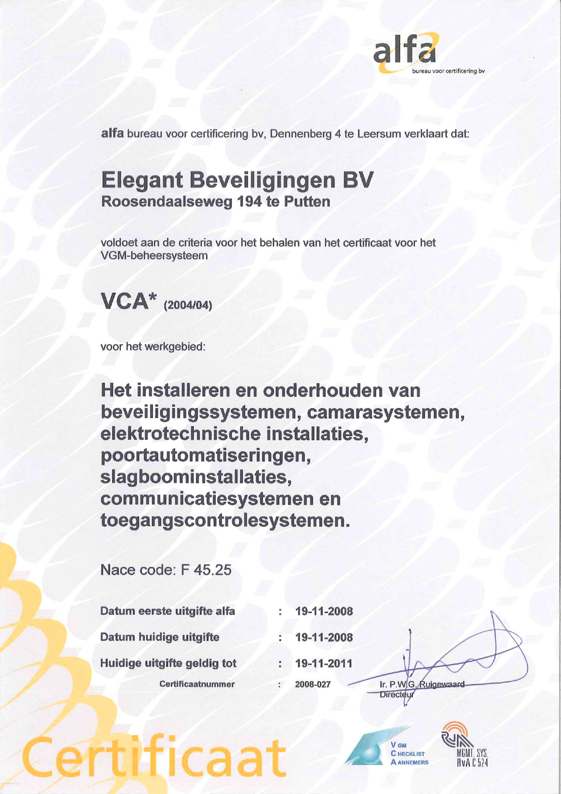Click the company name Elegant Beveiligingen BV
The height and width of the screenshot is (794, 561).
(x=237, y=180)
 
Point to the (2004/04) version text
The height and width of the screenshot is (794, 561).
(x=188, y=306)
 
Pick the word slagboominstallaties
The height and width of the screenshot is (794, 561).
(x=194, y=477)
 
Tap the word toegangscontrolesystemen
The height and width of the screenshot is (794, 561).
(x=224, y=521)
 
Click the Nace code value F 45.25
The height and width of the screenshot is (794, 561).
(x=206, y=569)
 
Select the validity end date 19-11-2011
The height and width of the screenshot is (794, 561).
(x=323, y=664)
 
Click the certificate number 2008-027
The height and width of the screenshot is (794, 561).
(x=313, y=684)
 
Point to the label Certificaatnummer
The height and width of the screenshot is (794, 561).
(x=197, y=684)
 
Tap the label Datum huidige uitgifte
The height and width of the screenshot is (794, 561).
(x=160, y=637)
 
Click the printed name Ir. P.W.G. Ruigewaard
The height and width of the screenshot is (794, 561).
(x=422, y=684)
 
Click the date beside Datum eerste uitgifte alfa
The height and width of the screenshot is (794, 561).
(x=323, y=612)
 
